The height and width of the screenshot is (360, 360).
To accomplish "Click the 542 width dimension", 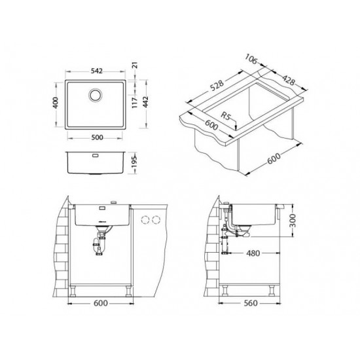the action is [97, 71].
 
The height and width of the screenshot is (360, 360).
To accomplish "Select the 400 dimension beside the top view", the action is [56, 103].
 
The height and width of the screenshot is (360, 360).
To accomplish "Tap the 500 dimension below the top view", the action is [97, 137].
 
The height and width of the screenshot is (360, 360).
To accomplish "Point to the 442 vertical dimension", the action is [146, 102].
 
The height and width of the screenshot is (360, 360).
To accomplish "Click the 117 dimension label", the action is [135, 102].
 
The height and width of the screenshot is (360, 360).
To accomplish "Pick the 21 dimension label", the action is [135, 65].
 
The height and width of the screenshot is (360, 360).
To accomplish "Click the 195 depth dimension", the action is [135, 161].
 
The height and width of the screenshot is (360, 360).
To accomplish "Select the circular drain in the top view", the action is [96, 95].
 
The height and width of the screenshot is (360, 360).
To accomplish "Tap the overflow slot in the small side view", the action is [96, 155].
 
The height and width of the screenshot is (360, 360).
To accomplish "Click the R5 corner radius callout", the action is [226, 115].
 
